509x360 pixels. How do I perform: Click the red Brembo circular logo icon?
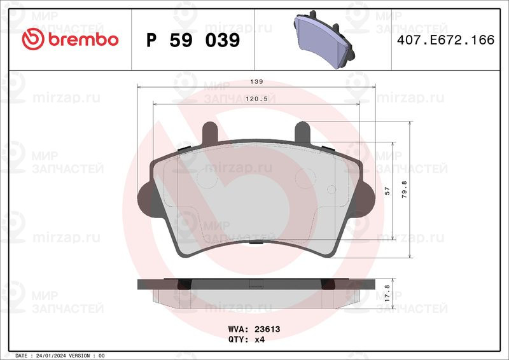[33, 39]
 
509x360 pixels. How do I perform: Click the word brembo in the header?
[83, 39]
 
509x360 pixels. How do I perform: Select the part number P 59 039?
[193, 40]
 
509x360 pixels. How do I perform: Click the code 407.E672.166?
[446, 40]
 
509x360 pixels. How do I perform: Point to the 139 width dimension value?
[256, 82]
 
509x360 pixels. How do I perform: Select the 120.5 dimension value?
[256, 99]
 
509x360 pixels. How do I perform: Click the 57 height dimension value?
[387, 191]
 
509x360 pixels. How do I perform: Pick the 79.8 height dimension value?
[404, 190]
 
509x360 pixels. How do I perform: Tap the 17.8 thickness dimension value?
[387, 293]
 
